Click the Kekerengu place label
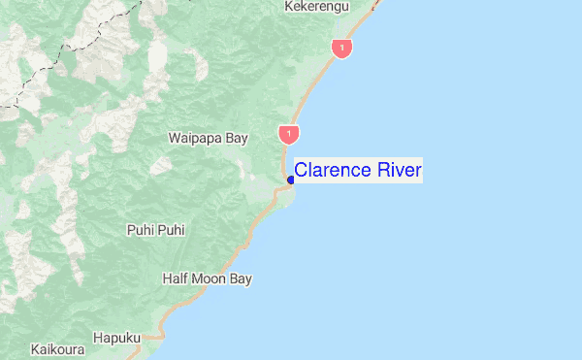316,7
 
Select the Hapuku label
117,338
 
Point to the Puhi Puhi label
156,230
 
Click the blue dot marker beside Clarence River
290,180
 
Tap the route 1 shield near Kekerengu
340,47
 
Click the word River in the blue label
398,171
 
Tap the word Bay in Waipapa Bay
238,138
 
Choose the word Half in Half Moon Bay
174,278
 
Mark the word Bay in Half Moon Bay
241,278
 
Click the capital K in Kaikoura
35,347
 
